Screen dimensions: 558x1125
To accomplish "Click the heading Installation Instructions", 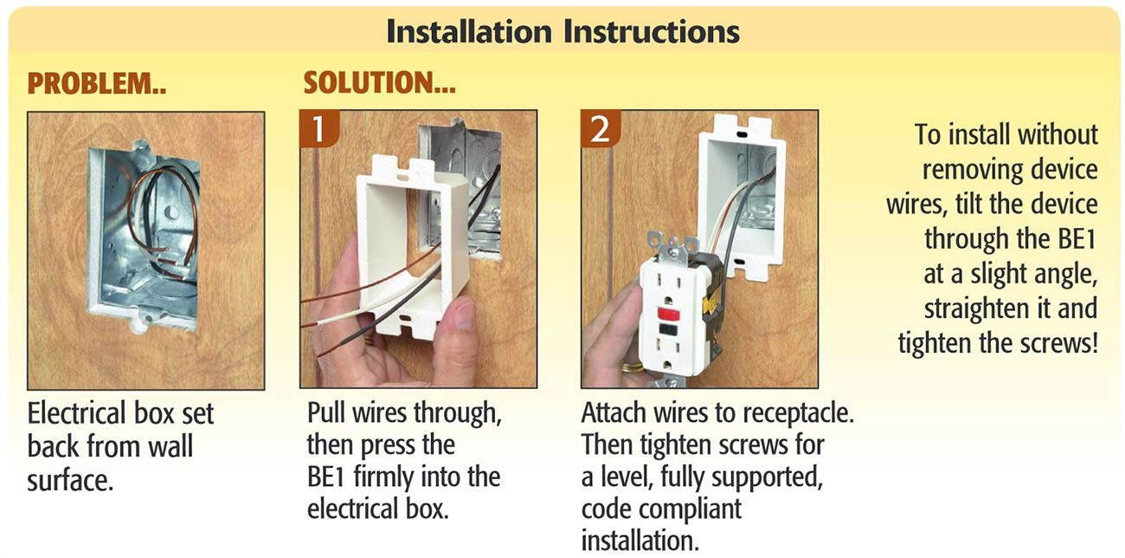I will click(562, 31).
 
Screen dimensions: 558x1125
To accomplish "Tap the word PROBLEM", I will click(92, 84).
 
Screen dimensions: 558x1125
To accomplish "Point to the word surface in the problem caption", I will click(69, 480).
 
